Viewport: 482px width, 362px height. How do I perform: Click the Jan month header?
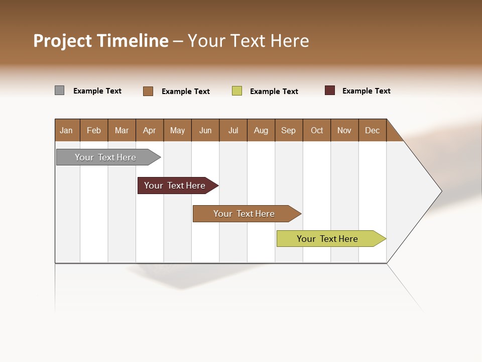(x=67, y=130)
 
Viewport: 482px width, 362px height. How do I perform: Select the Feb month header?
(x=94, y=130)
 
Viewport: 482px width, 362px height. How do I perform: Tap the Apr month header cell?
(x=150, y=130)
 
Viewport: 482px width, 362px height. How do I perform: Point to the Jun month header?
(x=205, y=130)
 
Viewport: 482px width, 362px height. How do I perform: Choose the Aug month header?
(x=261, y=130)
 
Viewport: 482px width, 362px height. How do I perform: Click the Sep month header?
(x=289, y=130)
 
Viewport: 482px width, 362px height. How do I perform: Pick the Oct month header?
(x=317, y=130)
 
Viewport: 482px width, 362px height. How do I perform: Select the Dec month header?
(x=373, y=130)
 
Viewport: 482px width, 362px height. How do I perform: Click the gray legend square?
(x=59, y=90)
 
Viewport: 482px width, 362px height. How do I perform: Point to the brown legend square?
(x=148, y=91)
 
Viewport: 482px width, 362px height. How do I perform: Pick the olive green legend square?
(x=237, y=91)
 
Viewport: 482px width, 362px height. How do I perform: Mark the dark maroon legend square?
(x=330, y=90)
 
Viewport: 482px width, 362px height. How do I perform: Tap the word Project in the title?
(x=63, y=41)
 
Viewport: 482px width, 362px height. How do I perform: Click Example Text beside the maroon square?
(x=366, y=91)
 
